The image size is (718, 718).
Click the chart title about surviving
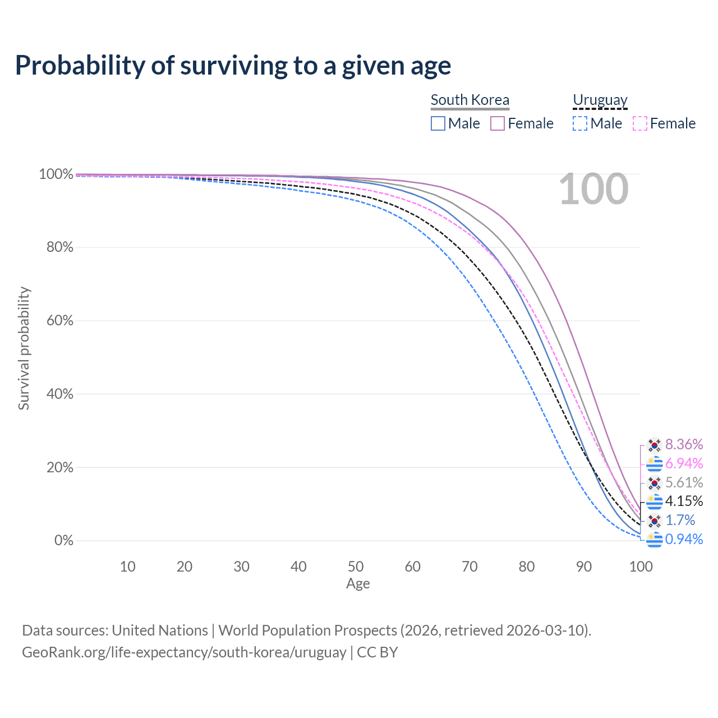pyautogui.click(x=233, y=66)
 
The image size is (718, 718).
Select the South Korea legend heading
pyautogui.click(x=470, y=100)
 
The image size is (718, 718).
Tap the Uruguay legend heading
pyautogui.click(x=600, y=100)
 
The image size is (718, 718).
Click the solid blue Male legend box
pyautogui.click(x=438, y=123)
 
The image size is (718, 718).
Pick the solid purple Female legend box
pyautogui.click(x=498, y=123)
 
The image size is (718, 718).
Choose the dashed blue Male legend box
pyautogui.click(x=580, y=123)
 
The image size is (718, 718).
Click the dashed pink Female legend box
pyautogui.click(x=640, y=123)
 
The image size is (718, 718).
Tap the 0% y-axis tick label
pyautogui.click(x=64, y=541)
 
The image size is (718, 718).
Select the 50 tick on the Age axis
pyautogui.click(x=356, y=567)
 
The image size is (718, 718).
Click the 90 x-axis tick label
pyautogui.click(x=584, y=567)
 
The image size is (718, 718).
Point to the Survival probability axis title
pyautogui.click(x=24, y=348)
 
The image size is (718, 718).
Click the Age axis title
pyautogui.click(x=358, y=584)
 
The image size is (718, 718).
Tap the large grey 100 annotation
pyautogui.click(x=593, y=190)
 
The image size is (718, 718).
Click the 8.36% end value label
pyautogui.click(x=684, y=445)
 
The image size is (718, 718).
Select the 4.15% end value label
pyautogui.click(x=684, y=501)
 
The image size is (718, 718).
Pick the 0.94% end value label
pyautogui.click(x=684, y=539)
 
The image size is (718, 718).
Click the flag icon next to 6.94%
pyautogui.click(x=654, y=464)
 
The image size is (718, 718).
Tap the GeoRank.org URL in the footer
pyautogui.click(x=184, y=652)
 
